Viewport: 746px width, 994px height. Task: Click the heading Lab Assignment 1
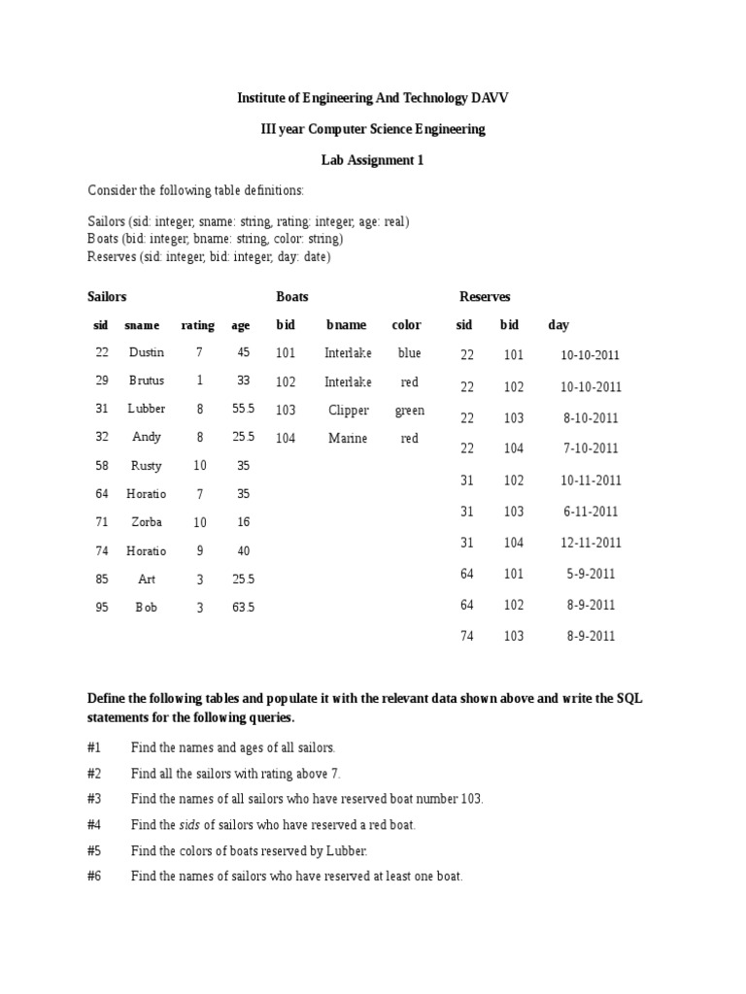pos(373,160)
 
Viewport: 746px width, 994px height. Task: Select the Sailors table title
pos(107,296)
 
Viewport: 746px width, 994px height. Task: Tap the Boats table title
pos(292,296)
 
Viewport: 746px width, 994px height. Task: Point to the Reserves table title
pos(484,296)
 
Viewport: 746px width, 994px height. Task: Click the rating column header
pos(198,325)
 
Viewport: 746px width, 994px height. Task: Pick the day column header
pos(559,324)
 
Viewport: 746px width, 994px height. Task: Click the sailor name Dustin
pos(147,353)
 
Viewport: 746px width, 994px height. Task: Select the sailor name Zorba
pos(147,522)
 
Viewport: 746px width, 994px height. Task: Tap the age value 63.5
pos(243,608)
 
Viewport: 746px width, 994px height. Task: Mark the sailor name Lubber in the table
pos(147,409)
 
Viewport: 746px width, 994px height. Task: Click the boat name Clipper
pos(349,411)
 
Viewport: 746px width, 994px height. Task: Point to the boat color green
pos(409,411)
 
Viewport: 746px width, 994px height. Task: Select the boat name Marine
pos(348,439)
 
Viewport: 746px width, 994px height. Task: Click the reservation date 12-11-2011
pos(590,543)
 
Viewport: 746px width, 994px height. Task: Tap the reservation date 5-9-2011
pos(589,574)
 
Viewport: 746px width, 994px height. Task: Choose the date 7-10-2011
pos(589,448)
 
